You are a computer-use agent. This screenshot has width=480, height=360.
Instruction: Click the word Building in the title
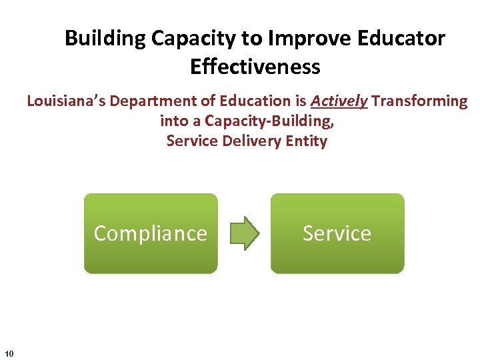(105, 39)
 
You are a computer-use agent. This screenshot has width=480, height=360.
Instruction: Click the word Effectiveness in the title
(255, 67)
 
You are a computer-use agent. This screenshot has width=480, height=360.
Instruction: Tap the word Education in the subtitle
(245, 101)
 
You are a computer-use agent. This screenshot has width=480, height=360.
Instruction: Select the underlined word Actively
(339, 101)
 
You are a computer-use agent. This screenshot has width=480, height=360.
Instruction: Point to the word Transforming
(420, 101)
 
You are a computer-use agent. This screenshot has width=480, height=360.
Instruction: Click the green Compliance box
(151, 233)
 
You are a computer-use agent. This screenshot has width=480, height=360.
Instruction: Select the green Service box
(337, 233)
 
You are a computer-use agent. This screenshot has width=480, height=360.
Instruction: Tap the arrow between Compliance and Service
(244, 233)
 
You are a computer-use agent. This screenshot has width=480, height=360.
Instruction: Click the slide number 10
(9, 353)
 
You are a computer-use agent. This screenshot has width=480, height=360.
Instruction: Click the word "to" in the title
(251, 39)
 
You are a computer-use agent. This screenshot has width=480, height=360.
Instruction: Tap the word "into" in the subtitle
(175, 121)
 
